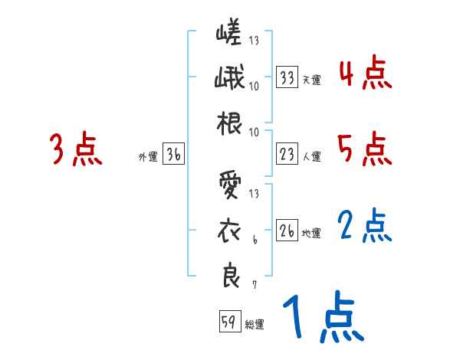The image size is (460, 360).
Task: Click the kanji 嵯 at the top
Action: tap(229, 34)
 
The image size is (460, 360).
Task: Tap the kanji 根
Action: tap(229, 123)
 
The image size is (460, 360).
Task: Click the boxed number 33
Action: tap(287, 78)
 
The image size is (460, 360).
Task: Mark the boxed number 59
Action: tap(229, 322)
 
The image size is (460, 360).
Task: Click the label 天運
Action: tap(311, 80)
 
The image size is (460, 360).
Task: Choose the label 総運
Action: tap(255, 323)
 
